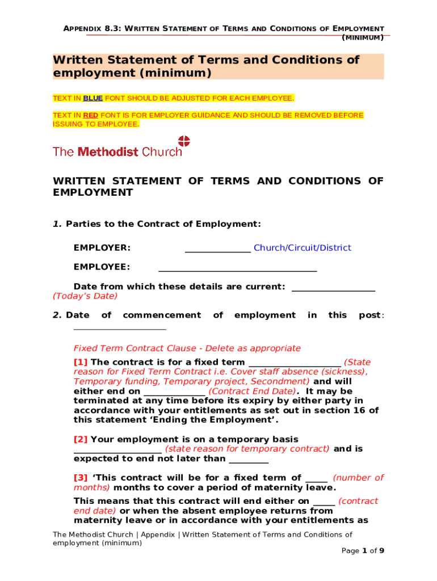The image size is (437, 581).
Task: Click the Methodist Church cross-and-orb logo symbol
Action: click(184, 141)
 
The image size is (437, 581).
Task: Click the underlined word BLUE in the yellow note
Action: click(93, 98)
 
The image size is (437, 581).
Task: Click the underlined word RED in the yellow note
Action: click(91, 115)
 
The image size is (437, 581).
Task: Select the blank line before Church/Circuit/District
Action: click(218, 250)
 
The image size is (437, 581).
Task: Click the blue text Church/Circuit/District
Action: click(302, 248)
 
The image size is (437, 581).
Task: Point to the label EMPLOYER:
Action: click(102, 248)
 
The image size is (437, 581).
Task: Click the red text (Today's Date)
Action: click(85, 296)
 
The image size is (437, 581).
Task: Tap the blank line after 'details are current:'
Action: click(333, 290)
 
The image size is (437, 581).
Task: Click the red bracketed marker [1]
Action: click(81, 362)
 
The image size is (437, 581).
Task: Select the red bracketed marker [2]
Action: click(81, 439)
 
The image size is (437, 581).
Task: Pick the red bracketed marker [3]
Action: click(81, 478)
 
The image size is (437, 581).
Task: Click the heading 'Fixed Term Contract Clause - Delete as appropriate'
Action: click(187, 348)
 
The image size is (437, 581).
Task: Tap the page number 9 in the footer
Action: click(382, 551)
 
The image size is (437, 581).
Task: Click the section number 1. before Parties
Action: click(57, 224)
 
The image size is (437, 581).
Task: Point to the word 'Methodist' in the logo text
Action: click(108, 152)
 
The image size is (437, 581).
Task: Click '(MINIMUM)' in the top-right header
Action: click(363, 38)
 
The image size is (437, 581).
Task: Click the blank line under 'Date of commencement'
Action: click(120, 328)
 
